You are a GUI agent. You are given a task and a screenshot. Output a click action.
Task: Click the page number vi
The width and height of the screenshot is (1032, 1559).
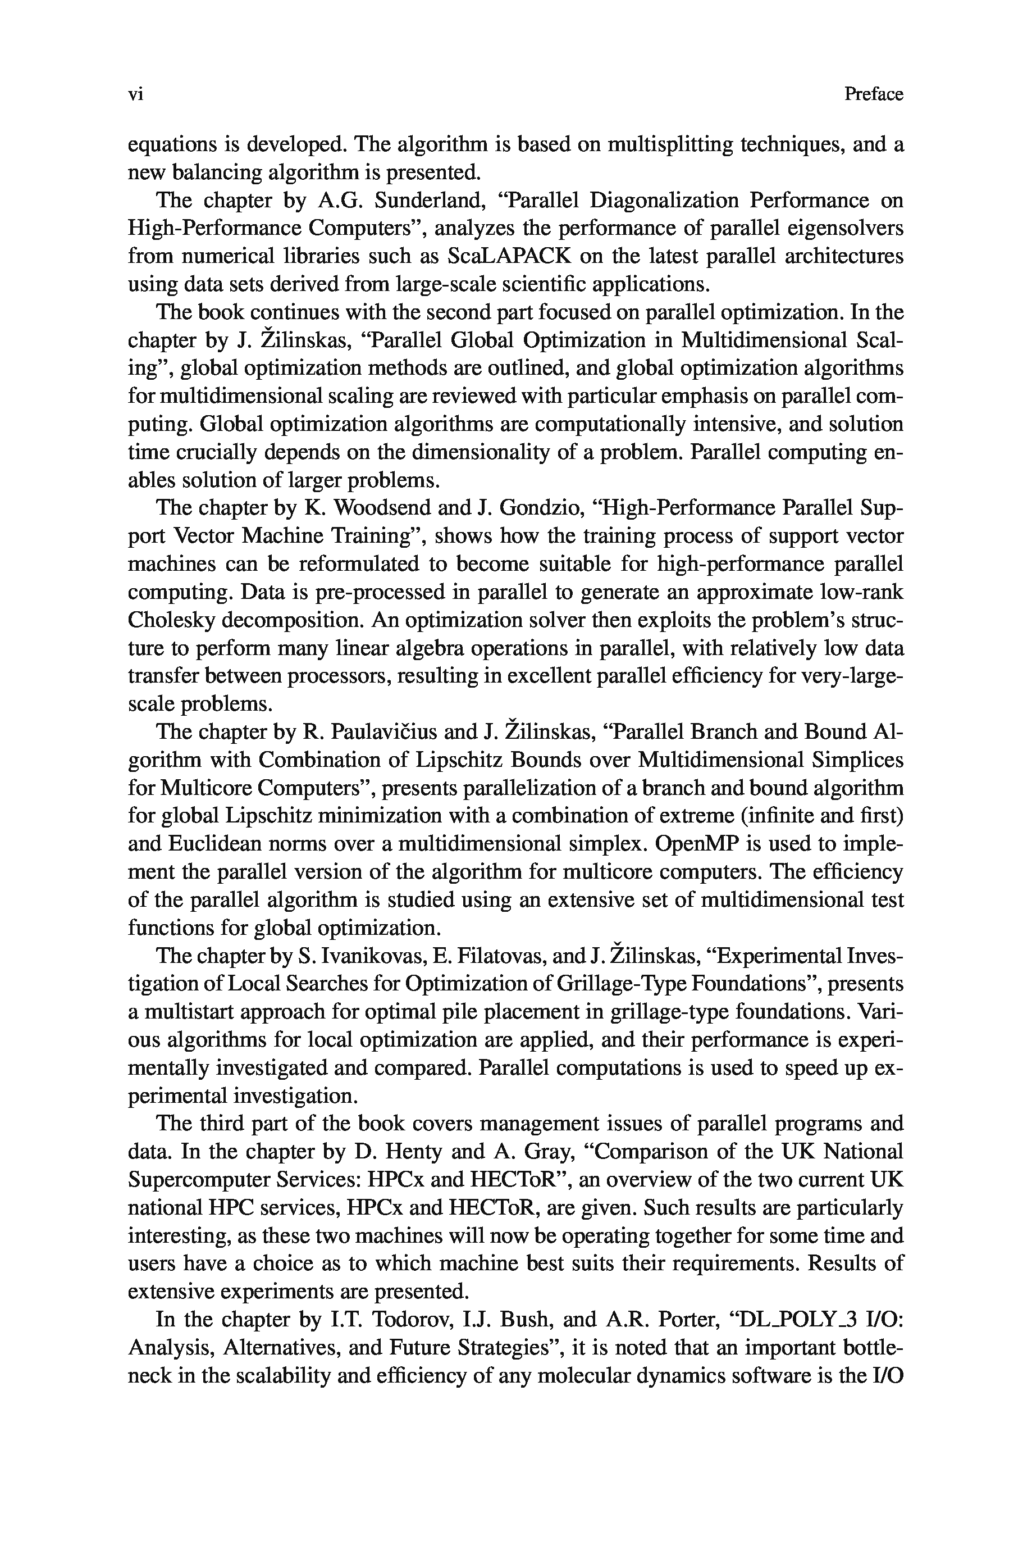tap(135, 95)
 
